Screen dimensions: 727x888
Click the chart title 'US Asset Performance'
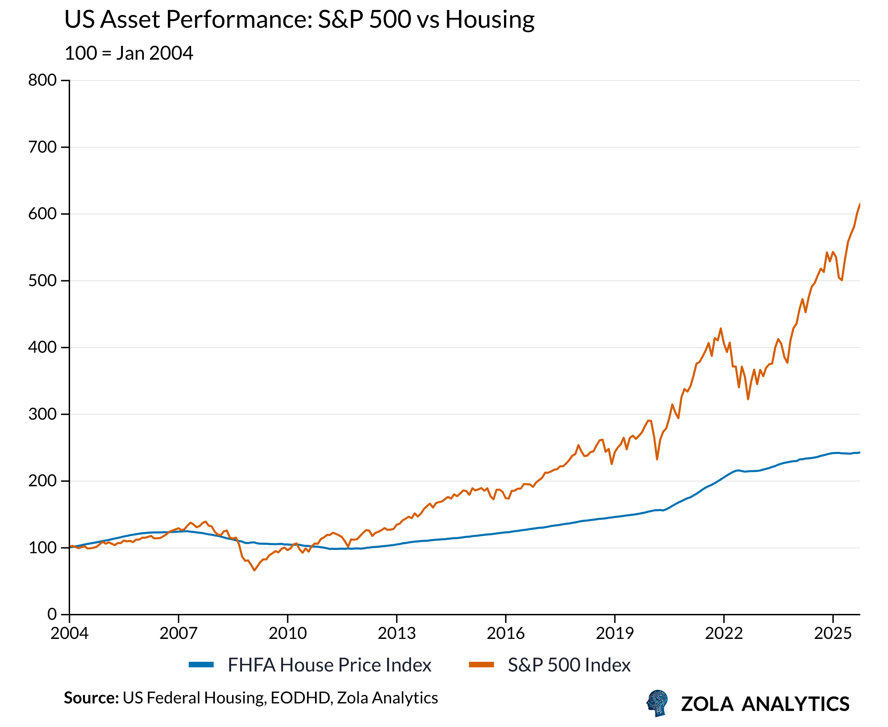click(299, 20)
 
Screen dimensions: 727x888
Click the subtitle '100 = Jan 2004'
click(129, 53)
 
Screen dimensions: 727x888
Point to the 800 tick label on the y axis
click(42, 80)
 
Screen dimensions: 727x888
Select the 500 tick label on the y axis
click(42, 281)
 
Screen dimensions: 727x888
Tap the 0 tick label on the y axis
click(52, 614)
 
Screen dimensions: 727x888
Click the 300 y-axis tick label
click(42, 414)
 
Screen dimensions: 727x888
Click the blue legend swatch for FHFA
click(201, 665)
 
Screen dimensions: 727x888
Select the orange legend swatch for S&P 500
click(481, 665)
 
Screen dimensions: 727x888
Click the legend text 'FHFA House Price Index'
click(329, 665)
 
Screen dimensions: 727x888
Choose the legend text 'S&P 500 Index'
click(569, 665)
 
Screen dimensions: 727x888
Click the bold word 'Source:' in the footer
click(91, 698)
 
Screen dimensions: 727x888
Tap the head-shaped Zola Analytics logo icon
click(657, 703)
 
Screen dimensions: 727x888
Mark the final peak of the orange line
click(860, 204)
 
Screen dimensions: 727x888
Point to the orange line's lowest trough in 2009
click(254, 570)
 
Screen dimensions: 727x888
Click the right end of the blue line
click(860, 452)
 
